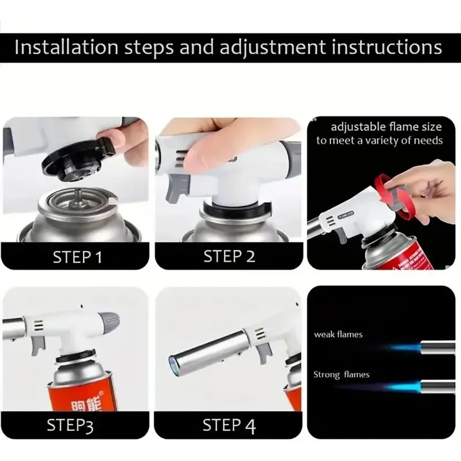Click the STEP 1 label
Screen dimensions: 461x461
pyautogui.click(x=77, y=256)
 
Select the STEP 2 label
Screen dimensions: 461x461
pyautogui.click(x=230, y=256)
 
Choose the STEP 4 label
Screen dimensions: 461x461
pyautogui.click(x=229, y=426)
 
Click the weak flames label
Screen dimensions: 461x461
pyautogui.click(x=338, y=334)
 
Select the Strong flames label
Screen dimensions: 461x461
pyautogui.click(x=341, y=375)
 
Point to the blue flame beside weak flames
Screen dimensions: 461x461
pyautogui.click(x=403, y=347)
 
